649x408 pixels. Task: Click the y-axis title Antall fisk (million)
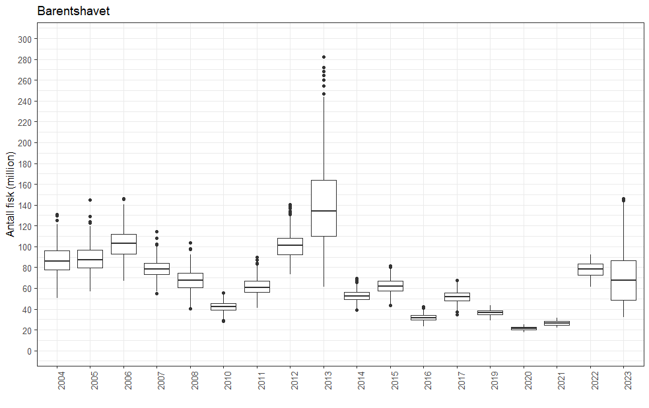click(x=11, y=193)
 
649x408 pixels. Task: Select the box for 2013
click(x=324, y=208)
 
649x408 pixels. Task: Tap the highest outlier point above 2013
click(x=324, y=57)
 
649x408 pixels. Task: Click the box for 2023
click(x=623, y=280)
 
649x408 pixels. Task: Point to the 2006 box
click(x=123, y=244)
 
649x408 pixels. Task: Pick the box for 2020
click(x=524, y=328)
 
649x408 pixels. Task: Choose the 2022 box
click(x=590, y=269)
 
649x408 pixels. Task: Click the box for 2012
click(x=290, y=246)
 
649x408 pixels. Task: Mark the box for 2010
click(x=223, y=306)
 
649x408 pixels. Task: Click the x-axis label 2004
click(x=57, y=380)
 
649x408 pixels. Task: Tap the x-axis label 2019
click(x=491, y=380)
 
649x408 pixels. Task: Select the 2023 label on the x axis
click(x=624, y=380)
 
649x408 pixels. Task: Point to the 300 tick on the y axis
click(x=24, y=40)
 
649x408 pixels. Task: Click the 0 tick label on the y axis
click(x=28, y=351)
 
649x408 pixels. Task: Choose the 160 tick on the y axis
click(x=24, y=185)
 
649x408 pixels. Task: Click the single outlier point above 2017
click(x=457, y=281)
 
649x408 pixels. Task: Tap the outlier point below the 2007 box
click(x=156, y=294)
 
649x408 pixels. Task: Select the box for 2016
click(x=423, y=318)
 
